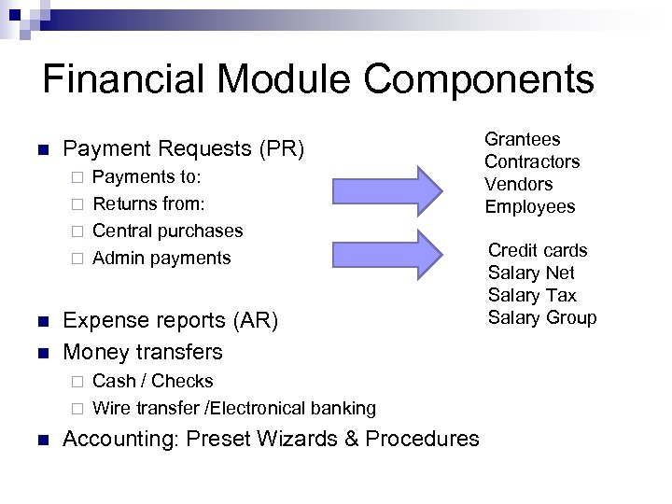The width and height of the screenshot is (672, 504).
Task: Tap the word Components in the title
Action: [479, 79]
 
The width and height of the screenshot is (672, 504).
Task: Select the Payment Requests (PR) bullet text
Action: [183, 149]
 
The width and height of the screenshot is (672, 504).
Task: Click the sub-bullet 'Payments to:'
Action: [147, 176]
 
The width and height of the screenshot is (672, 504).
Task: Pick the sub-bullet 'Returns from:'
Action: [149, 203]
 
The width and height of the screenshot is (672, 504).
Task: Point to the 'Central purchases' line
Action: [168, 231]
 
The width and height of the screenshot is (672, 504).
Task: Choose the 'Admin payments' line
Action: [161, 258]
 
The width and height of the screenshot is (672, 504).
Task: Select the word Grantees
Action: [522, 139]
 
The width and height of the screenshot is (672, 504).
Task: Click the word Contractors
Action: [531, 161]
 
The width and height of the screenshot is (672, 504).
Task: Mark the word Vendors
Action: [518, 184]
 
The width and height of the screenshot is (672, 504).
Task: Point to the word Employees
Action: [529, 206]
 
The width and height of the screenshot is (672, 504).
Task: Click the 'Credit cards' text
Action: [538, 250]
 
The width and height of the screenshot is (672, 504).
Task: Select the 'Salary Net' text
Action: [531, 273]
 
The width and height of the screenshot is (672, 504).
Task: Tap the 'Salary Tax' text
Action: [532, 295]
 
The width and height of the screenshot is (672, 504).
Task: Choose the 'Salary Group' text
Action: [541, 317]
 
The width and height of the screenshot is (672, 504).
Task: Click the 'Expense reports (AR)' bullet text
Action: [170, 321]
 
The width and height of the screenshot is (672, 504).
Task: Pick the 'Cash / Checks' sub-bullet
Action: [153, 381]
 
